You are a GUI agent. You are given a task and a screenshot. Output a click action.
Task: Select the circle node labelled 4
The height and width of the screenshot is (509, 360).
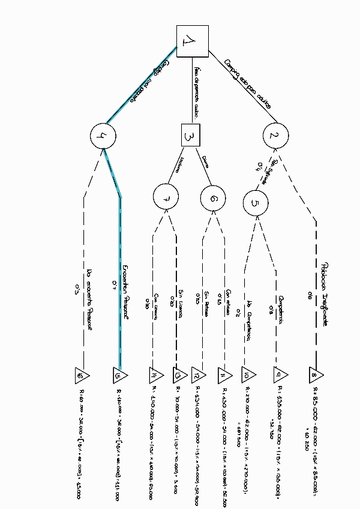(102, 136)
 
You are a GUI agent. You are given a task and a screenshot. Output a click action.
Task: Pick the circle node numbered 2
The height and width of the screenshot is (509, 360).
(274, 136)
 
